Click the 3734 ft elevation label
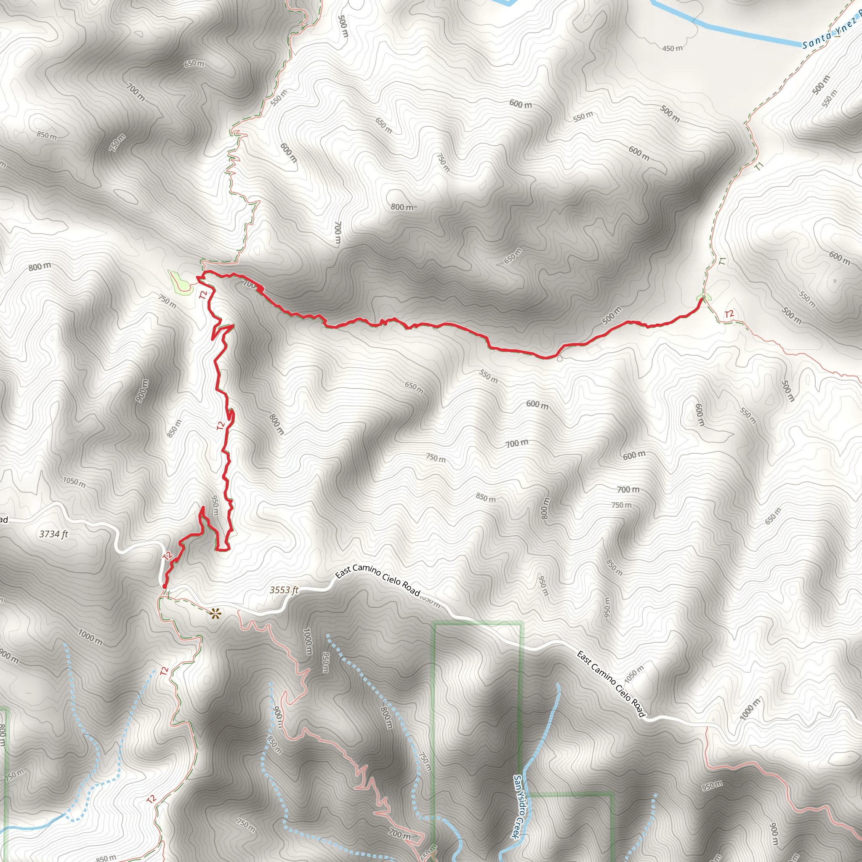53,534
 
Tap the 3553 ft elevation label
284,590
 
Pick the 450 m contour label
672,48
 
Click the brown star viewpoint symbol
215,615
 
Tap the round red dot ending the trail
165,586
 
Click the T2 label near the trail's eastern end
729,314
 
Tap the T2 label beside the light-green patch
203,295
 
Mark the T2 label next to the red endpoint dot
168,556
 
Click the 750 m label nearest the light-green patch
168,302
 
